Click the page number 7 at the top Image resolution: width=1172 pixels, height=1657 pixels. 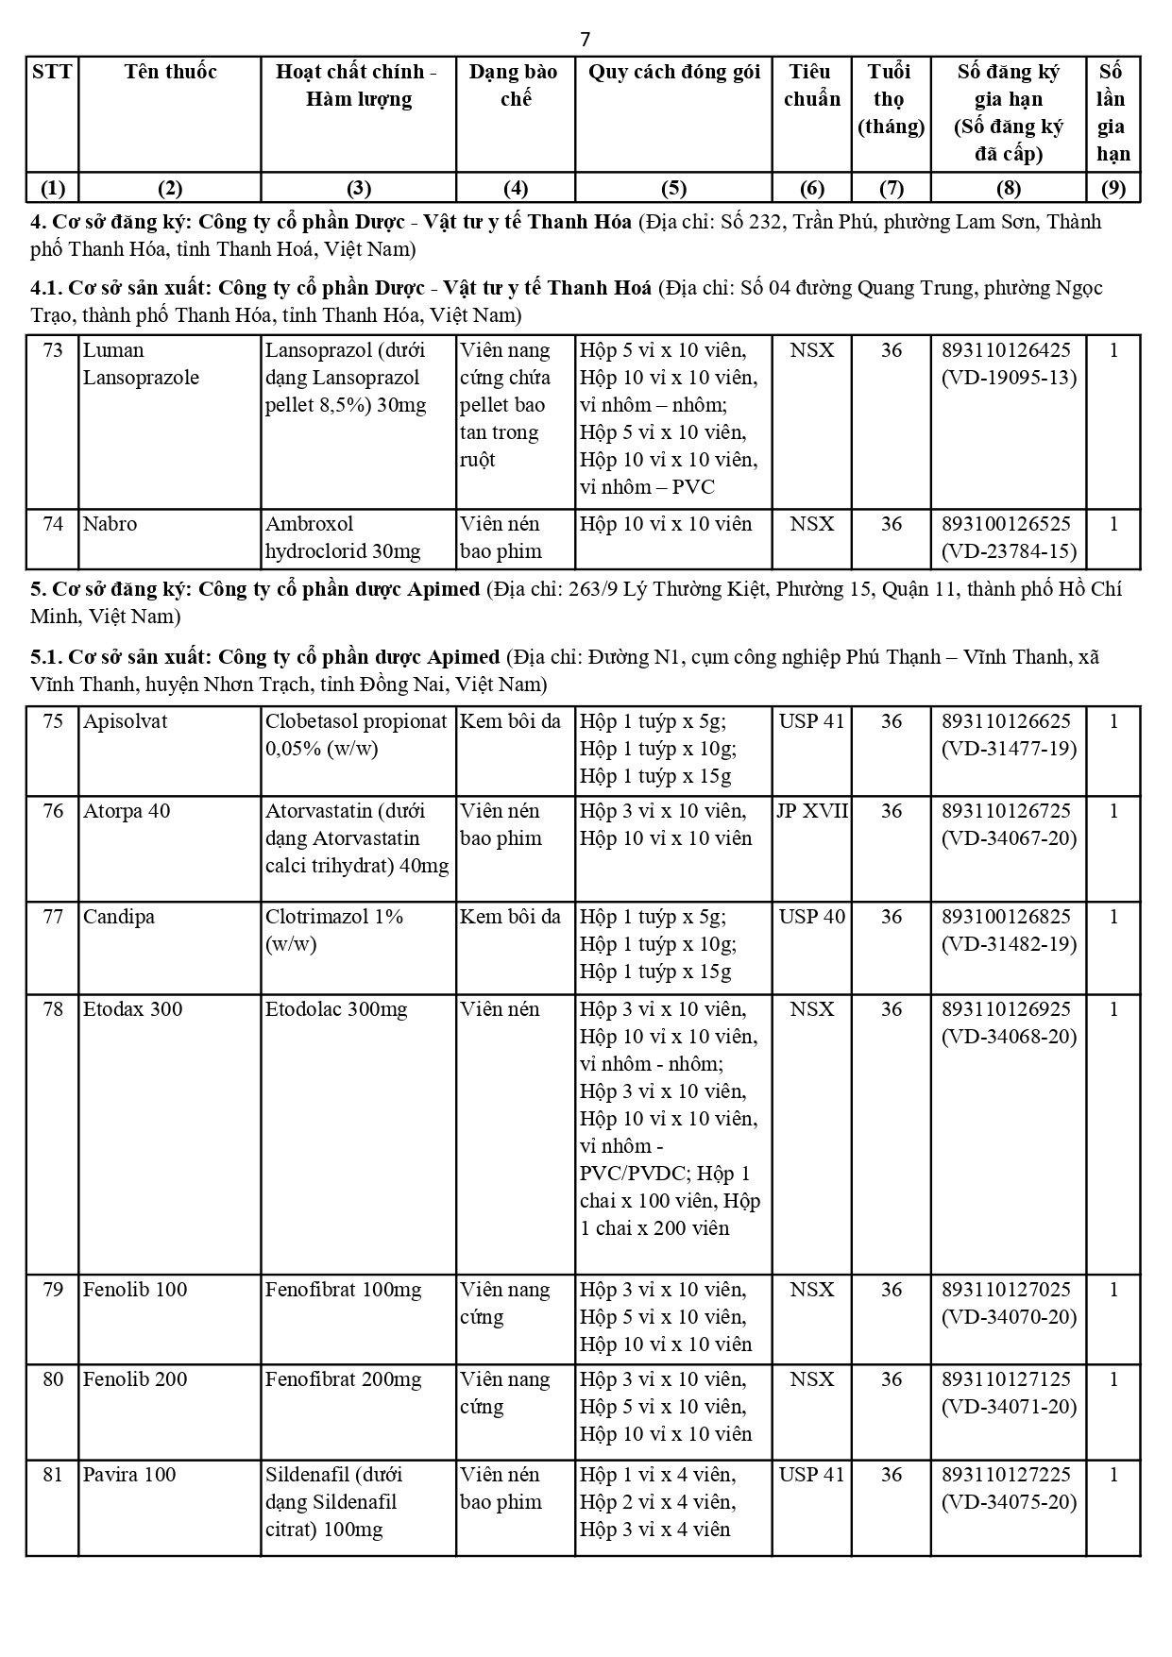(585, 39)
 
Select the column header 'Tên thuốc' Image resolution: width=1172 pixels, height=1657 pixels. (170, 73)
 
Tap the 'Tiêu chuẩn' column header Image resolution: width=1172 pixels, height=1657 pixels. (811, 86)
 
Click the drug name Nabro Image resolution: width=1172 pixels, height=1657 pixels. (110, 524)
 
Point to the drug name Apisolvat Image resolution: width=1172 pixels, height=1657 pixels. (125, 721)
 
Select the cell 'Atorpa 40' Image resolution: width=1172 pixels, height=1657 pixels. (127, 811)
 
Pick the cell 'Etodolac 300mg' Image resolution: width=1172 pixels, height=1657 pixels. (336, 1009)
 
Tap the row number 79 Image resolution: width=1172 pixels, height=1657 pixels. (53, 1290)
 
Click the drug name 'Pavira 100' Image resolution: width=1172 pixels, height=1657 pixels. (129, 1475)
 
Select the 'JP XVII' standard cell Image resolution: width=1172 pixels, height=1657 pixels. (812, 811)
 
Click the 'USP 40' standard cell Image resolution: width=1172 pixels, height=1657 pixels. (812, 917)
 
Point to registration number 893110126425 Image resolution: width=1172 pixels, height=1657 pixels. (1007, 350)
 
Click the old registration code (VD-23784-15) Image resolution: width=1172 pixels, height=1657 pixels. (1009, 551)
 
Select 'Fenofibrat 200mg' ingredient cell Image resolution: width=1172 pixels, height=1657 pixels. (343, 1379)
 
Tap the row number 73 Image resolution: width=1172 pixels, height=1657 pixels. (53, 350)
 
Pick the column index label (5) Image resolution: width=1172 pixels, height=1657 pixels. (673, 188)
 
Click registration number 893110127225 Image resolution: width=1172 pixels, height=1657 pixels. (1007, 1475)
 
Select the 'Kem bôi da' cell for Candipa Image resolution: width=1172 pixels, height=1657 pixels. (510, 917)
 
